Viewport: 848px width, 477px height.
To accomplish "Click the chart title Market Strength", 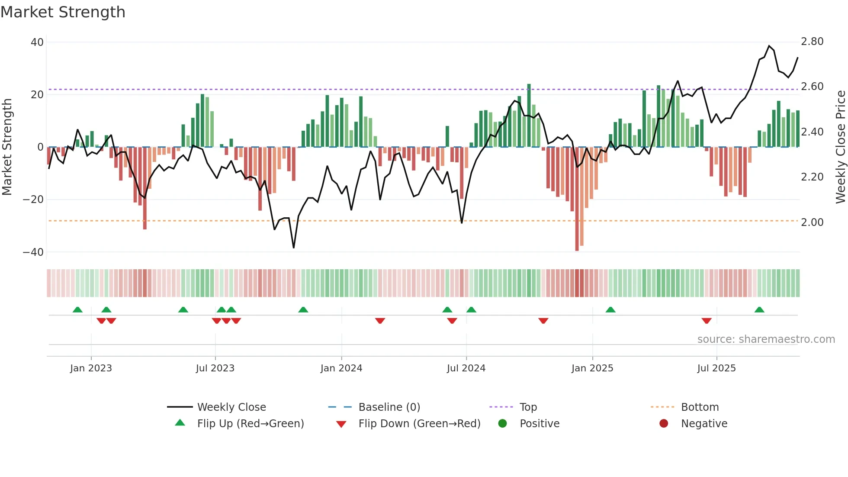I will tap(63, 12).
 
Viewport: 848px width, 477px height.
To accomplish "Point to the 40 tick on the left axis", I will tap(37, 42).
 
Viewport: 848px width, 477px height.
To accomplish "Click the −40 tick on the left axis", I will tap(33, 252).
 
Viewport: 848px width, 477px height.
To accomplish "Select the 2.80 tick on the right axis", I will tap(812, 42).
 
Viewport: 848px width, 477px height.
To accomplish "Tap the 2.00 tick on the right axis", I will tap(812, 222).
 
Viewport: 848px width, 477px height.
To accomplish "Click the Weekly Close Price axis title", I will tap(840, 147).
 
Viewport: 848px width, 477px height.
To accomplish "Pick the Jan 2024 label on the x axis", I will tap(341, 368).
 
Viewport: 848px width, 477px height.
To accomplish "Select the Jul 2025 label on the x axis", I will tap(716, 368).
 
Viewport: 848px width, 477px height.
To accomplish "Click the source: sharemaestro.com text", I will tap(766, 339).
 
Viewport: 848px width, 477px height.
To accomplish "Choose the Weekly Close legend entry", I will tap(231, 407).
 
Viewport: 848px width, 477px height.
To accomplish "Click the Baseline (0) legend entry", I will tap(389, 407).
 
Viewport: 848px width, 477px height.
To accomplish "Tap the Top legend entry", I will tap(528, 407).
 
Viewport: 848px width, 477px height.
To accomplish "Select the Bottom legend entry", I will tap(700, 407).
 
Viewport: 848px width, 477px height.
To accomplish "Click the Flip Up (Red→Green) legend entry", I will tap(251, 424).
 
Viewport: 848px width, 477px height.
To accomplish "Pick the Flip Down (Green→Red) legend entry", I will tap(419, 424).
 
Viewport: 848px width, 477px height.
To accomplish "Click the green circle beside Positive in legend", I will tap(502, 423).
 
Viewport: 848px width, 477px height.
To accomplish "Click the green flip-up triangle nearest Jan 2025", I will tap(610, 310).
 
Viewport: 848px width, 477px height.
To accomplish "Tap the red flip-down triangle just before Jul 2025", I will tap(707, 321).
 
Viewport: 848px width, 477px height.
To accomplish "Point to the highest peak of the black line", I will tap(769, 46).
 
